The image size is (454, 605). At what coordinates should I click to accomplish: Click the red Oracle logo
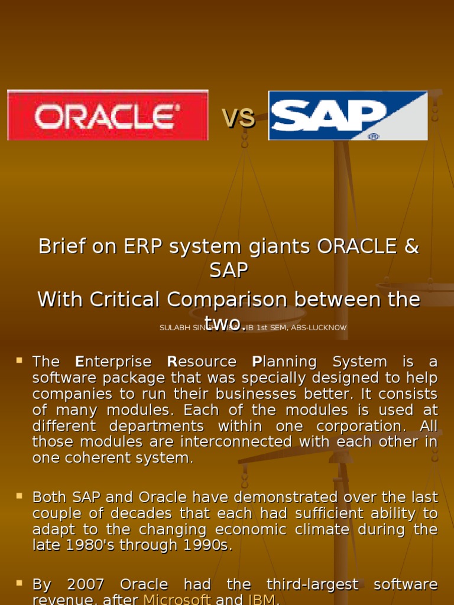click(108, 115)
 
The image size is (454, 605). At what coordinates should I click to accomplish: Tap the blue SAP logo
click(348, 116)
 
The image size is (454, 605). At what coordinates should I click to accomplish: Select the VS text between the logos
click(238, 118)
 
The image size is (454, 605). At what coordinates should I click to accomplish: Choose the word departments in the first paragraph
click(156, 426)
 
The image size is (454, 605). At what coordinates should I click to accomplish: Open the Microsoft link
click(177, 600)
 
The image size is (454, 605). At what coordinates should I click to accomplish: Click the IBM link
click(261, 600)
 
